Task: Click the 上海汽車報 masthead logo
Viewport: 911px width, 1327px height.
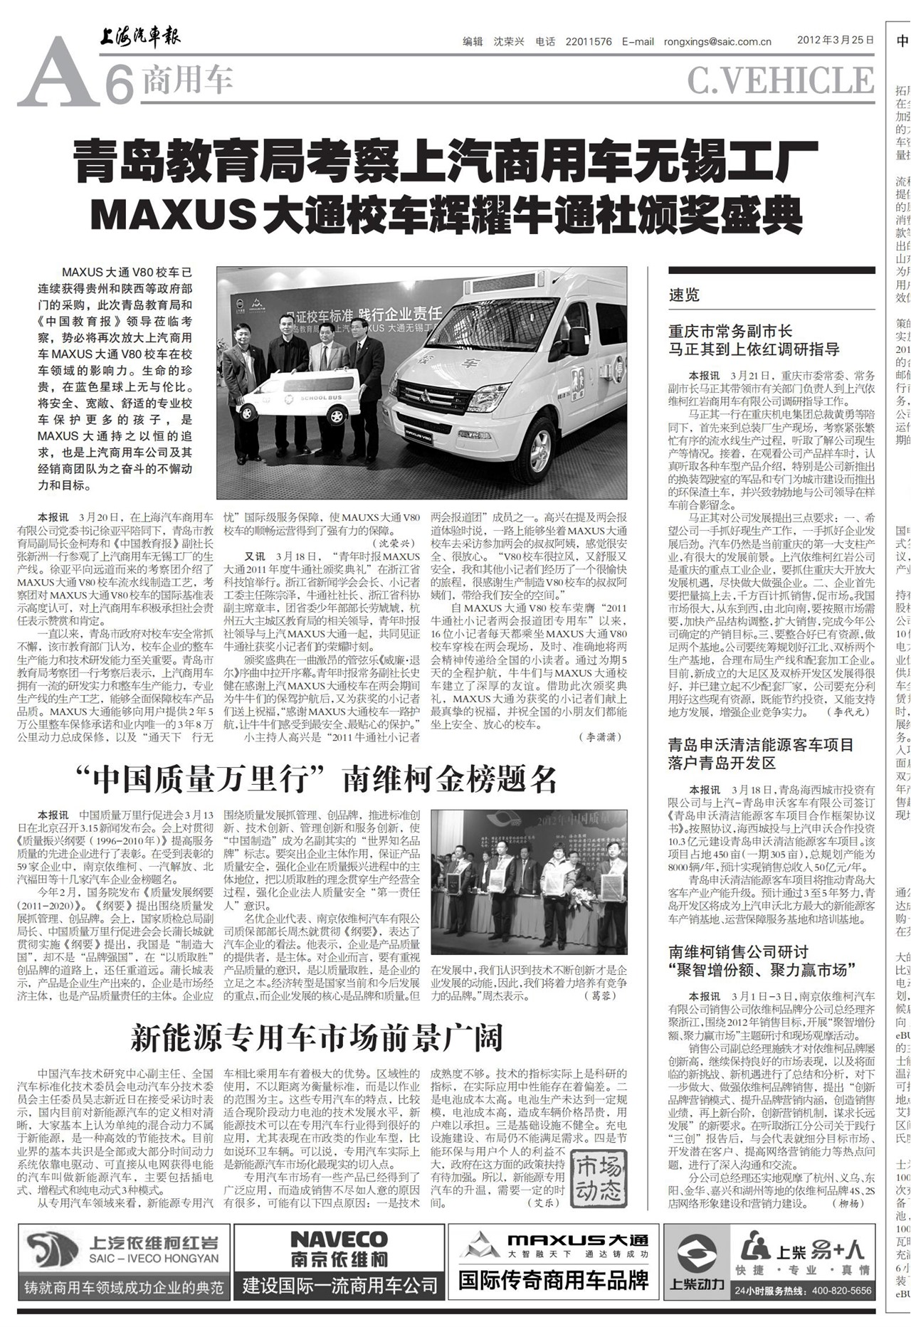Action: point(139,36)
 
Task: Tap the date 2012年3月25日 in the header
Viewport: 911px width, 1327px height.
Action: point(835,41)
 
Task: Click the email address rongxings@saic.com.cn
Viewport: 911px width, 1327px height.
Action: point(717,41)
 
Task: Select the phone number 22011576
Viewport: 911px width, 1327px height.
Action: point(589,41)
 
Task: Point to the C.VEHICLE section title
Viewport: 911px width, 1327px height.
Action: point(780,81)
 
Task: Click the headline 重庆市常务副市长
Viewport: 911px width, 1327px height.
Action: point(730,331)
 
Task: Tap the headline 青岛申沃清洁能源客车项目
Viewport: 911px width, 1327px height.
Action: point(760,745)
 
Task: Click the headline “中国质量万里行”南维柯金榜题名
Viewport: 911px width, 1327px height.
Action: point(317,779)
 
